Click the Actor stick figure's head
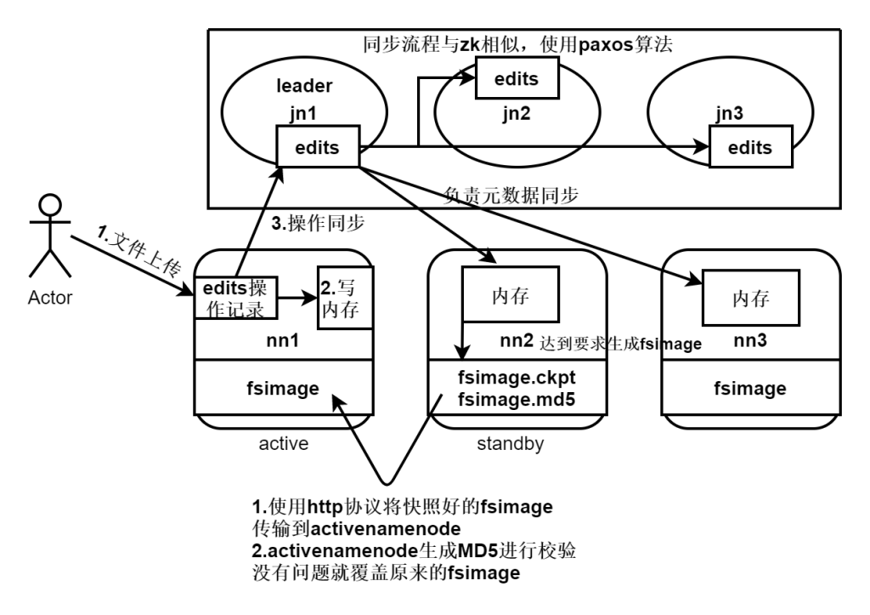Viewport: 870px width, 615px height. coord(50,207)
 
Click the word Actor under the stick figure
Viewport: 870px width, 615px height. coord(52,298)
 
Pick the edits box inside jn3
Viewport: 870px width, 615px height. coord(750,147)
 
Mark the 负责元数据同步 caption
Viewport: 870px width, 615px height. coord(511,194)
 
